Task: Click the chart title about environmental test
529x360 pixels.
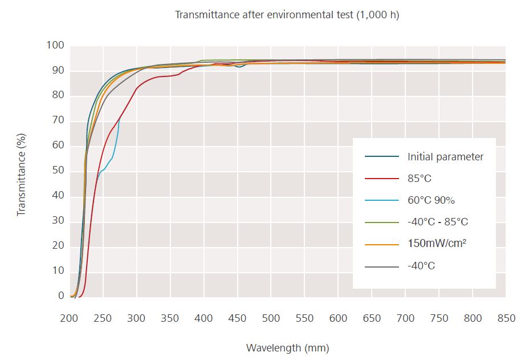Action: click(x=287, y=15)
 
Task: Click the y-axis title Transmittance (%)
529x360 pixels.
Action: click(x=22, y=171)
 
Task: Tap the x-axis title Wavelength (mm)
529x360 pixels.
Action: click(x=287, y=347)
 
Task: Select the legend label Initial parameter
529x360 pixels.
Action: click(x=445, y=157)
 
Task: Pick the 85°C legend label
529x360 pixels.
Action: click(x=420, y=179)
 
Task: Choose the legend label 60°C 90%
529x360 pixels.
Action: click(x=431, y=200)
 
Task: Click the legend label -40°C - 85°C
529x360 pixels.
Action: click(x=438, y=222)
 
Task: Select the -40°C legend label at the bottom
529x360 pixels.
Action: click(x=421, y=265)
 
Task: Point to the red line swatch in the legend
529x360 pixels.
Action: click(x=381, y=179)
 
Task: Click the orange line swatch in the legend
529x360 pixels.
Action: click(x=381, y=244)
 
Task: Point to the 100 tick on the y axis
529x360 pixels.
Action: click(x=55, y=46)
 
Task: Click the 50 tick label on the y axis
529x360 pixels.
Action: click(x=58, y=171)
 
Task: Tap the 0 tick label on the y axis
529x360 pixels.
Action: click(x=61, y=296)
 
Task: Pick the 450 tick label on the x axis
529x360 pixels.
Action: click(x=237, y=318)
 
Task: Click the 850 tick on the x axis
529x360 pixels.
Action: click(x=506, y=318)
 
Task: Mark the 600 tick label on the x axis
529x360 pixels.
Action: click(x=338, y=318)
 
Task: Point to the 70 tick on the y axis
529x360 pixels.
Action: click(x=58, y=121)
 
